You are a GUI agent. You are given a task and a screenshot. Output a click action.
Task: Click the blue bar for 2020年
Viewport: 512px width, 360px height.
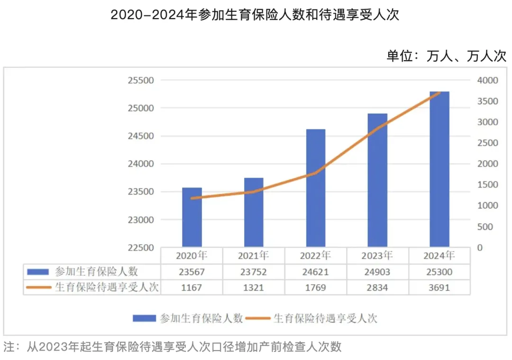click(192, 217)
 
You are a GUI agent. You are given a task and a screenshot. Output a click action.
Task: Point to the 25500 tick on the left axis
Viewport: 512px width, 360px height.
click(141, 80)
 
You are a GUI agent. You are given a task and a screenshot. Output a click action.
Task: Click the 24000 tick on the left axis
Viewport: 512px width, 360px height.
click(141, 164)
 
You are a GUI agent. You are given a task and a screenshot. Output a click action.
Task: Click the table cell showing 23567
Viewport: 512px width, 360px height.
click(192, 272)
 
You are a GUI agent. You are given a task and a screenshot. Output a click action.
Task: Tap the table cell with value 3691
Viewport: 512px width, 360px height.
click(439, 287)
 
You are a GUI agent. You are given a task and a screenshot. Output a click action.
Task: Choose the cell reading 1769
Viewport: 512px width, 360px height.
click(316, 287)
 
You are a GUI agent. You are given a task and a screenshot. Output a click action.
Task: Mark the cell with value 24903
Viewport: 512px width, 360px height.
click(377, 272)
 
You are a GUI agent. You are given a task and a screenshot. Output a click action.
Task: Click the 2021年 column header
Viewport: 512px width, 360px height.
click(254, 256)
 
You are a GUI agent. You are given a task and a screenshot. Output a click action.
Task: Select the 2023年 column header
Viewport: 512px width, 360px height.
click(377, 256)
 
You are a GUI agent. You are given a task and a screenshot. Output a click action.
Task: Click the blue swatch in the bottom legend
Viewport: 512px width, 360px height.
click(144, 318)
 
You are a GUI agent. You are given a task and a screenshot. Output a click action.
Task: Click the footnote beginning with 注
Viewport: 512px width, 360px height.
click(173, 347)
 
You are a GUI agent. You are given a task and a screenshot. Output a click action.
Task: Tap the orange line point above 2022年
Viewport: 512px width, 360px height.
click(316, 173)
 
